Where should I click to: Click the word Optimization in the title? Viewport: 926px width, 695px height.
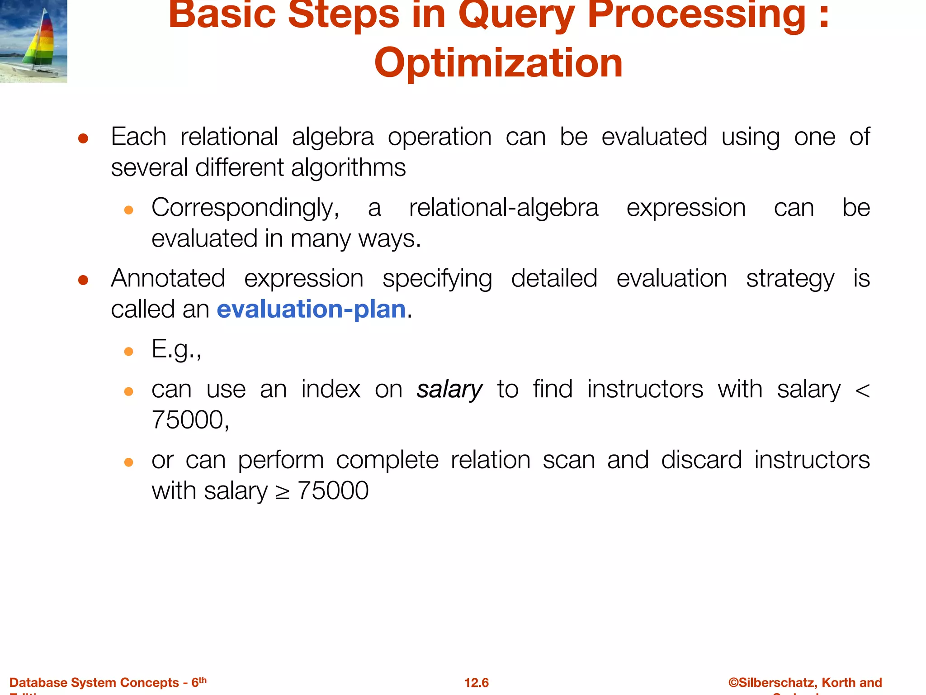click(x=498, y=63)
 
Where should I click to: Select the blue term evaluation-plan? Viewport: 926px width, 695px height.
click(x=311, y=309)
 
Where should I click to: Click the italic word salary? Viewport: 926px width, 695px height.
click(x=449, y=390)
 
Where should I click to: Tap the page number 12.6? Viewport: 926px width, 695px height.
click(x=476, y=682)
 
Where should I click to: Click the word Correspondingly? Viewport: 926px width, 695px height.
click(x=245, y=208)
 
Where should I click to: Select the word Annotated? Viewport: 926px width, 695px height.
click(x=168, y=278)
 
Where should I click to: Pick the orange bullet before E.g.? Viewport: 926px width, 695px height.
click(x=128, y=352)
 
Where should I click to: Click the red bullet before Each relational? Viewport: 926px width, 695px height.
click(x=83, y=138)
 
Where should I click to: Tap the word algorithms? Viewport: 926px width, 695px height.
click(x=348, y=168)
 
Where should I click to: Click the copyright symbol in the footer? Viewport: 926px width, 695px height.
click(x=733, y=682)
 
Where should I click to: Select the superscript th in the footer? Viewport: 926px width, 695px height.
click(x=203, y=680)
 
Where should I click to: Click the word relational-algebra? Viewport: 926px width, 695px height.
click(x=503, y=208)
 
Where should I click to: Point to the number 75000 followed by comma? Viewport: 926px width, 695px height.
click(x=190, y=420)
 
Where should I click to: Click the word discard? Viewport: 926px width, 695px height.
click(x=701, y=460)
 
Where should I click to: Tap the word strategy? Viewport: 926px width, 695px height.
click(x=790, y=279)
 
